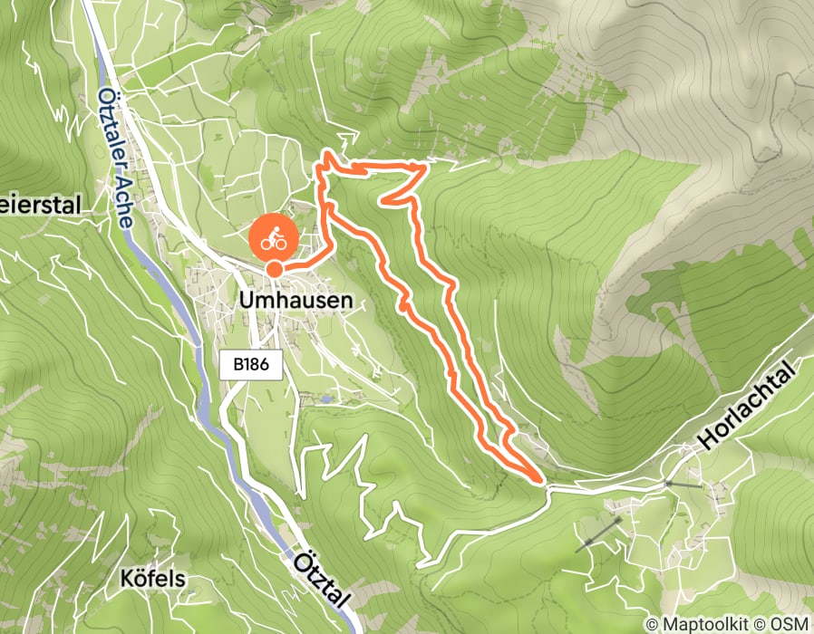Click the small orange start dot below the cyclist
pos(273,268)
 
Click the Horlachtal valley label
pos(752,405)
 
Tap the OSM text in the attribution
pos(789,624)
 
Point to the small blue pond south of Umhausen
pos(325,398)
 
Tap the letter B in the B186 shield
pos(237,366)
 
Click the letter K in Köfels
pos(126,578)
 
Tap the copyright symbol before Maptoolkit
pos(651,624)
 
